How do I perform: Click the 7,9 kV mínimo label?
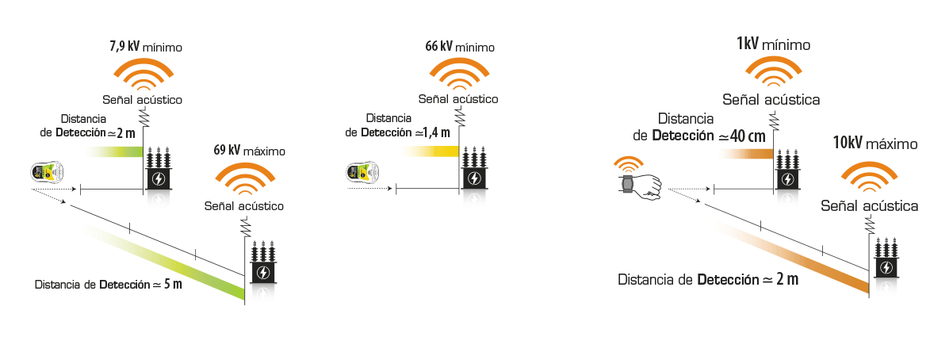point(145,47)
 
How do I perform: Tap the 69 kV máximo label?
point(249,150)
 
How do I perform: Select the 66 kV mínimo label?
point(459,47)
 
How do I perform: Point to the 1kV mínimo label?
point(773,44)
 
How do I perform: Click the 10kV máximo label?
point(875,143)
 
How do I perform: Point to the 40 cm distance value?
point(750,136)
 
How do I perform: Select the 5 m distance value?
point(173,284)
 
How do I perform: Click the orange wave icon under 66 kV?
point(459,74)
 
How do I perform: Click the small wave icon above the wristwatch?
point(627,164)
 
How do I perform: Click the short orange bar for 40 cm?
point(747,154)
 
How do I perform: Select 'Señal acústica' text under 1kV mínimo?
point(771,100)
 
